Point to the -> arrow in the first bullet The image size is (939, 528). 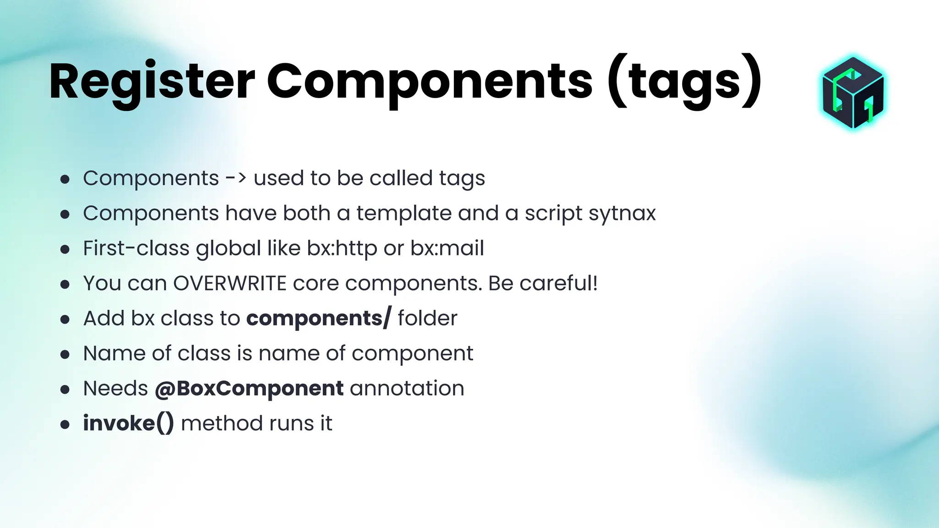tap(236, 178)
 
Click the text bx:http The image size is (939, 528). tap(342, 248)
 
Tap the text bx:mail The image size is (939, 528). tap(447, 248)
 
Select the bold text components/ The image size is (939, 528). tap(319, 318)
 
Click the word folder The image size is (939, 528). tap(427, 318)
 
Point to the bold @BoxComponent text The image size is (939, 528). tap(249, 389)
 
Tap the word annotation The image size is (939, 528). tap(407, 389)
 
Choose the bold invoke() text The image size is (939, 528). tap(128, 423)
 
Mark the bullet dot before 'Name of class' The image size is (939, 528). tap(65, 354)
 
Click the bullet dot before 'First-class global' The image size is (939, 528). tap(65, 249)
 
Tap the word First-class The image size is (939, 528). tap(136, 248)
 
